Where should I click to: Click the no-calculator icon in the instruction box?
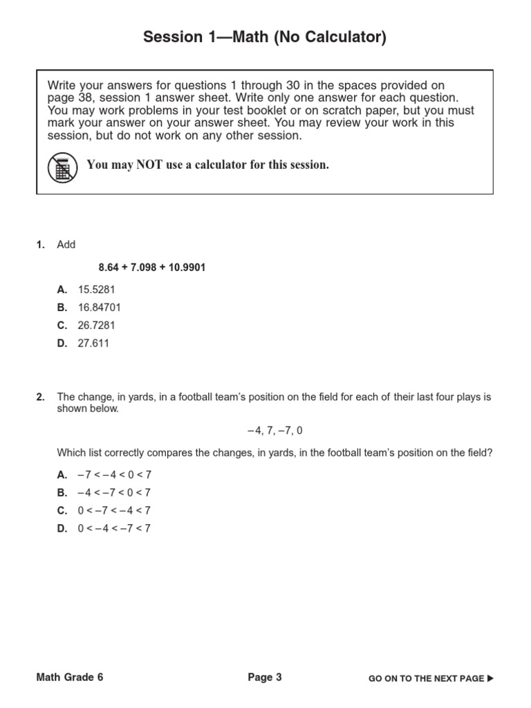pyautogui.click(x=62, y=167)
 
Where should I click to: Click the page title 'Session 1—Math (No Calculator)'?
pyautogui.click(x=265, y=38)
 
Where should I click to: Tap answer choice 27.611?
pyautogui.click(x=93, y=343)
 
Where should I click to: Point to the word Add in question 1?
pyautogui.click(x=66, y=245)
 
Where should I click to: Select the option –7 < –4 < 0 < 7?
pyautogui.click(x=114, y=475)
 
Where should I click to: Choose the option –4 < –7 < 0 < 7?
pyautogui.click(x=114, y=493)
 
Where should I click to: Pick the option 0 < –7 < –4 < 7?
pyautogui.click(x=114, y=511)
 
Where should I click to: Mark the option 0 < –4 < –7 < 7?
pyautogui.click(x=114, y=528)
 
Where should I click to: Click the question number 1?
pyautogui.click(x=40, y=245)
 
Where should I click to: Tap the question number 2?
pyautogui.click(x=40, y=397)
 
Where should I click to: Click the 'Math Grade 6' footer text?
pyautogui.click(x=70, y=678)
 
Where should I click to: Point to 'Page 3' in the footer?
pyautogui.click(x=265, y=678)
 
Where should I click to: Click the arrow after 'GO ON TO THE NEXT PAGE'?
pyautogui.click(x=491, y=678)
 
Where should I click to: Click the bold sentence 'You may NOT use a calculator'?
pyautogui.click(x=207, y=165)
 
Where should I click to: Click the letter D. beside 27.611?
pyautogui.click(x=62, y=343)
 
